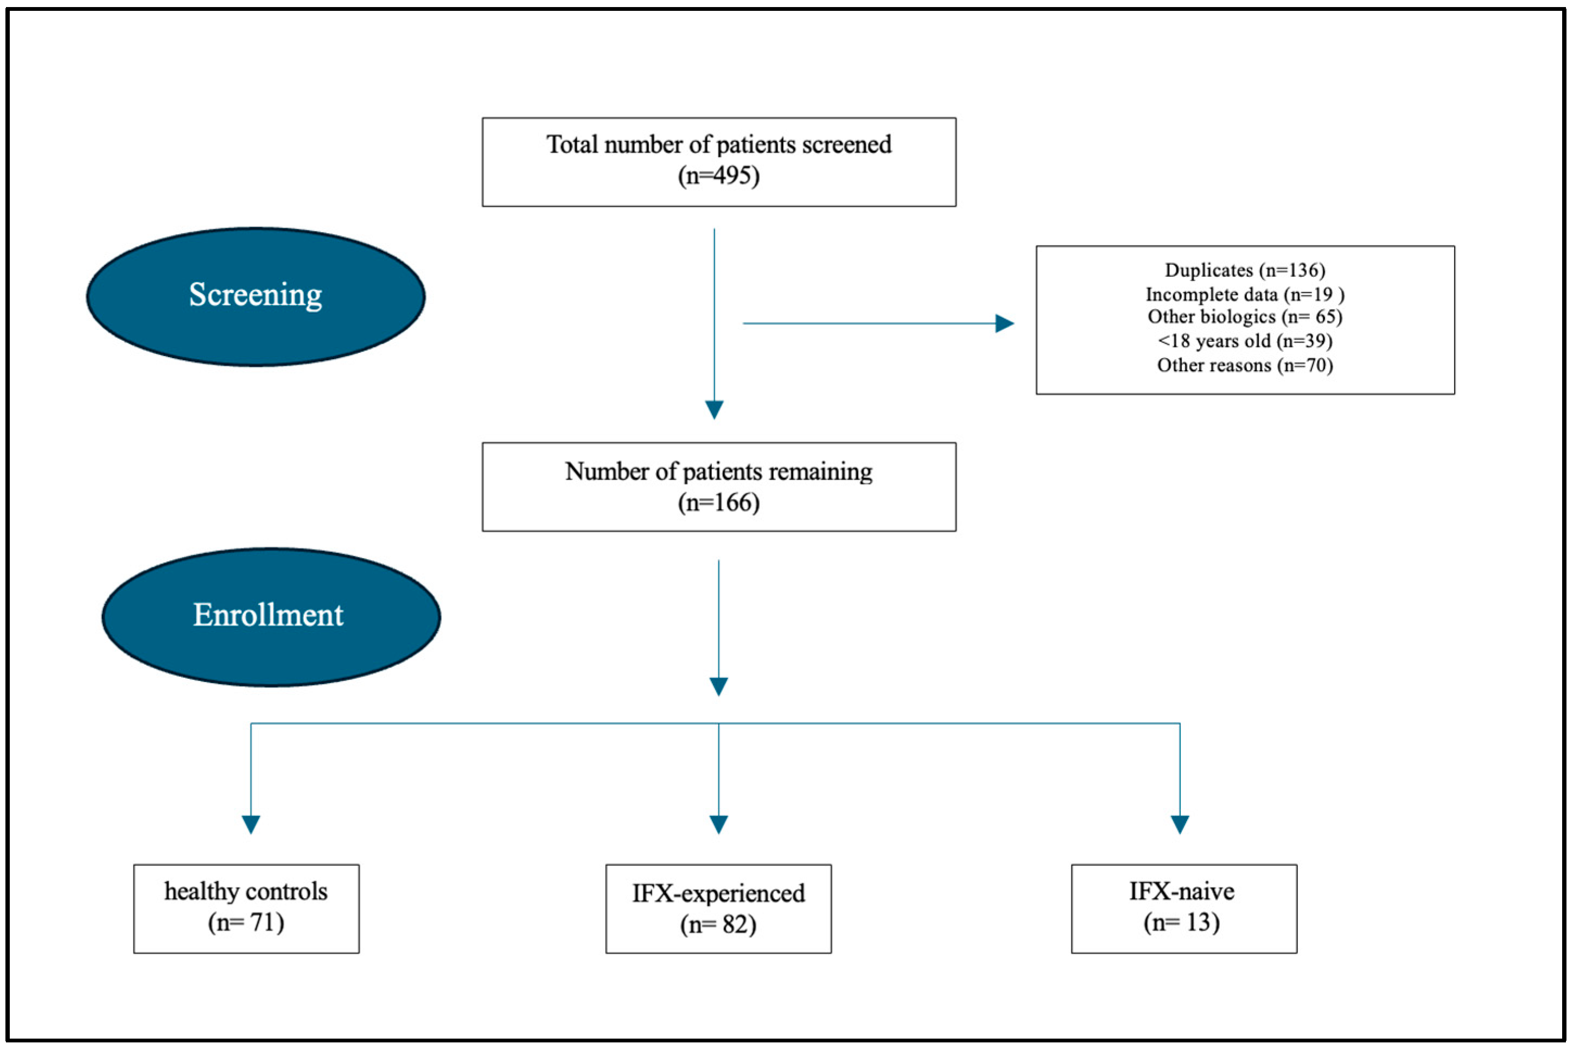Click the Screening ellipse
point(256,297)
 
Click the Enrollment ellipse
point(271,617)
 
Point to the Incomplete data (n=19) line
point(1245,295)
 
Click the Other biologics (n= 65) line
point(1245,317)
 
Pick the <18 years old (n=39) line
point(1245,341)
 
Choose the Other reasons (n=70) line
point(1245,366)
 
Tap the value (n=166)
point(718,503)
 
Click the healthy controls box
point(246,909)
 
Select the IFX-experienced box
point(718,909)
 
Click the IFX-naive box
point(1184,909)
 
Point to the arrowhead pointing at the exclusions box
point(1004,323)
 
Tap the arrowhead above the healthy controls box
point(251,824)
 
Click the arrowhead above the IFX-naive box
point(1180,824)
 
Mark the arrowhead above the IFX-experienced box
point(718,824)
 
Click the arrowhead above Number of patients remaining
point(715,409)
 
